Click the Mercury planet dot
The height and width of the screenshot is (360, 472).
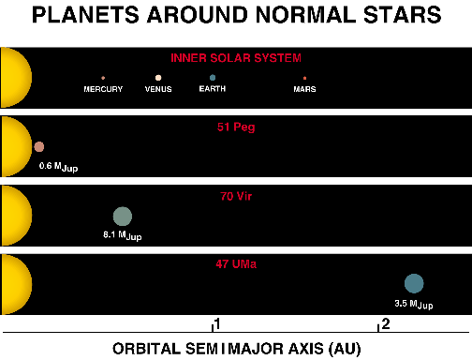point(103,78)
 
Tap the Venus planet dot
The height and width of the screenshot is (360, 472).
point(158,78)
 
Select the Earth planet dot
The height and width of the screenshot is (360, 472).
point(214,78)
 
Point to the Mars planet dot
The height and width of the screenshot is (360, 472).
point(304,78)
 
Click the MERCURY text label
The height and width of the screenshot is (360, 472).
point(103,89)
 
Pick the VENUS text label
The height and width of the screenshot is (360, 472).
point(158,89)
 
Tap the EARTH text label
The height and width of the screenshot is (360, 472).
point(214,89)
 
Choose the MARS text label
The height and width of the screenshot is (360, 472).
point(304,89)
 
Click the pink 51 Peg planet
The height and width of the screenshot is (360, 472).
point(39,146)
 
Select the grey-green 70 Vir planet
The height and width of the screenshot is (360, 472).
point(122,217)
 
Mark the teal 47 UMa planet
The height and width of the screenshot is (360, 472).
point(414,283)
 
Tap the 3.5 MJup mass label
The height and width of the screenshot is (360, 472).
point(414,304)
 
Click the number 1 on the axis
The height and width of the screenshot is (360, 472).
point(217,324)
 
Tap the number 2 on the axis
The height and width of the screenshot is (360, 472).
point(384,324)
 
